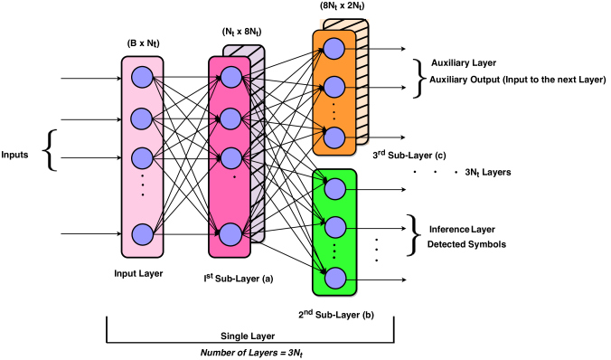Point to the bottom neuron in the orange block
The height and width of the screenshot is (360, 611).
[x=334, y=136]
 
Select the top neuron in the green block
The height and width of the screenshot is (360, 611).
[x=334, y=187]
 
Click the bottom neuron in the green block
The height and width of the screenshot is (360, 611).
[x=334, y=277]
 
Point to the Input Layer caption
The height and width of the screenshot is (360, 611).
[x=140, y=272]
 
